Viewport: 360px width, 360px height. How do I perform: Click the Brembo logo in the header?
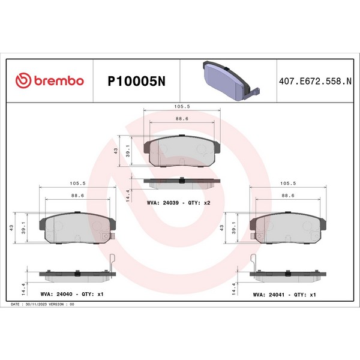[50, 80]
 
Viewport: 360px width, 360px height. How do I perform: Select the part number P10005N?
[137, 81]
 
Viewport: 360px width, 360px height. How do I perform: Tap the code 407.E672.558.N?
[315, 81]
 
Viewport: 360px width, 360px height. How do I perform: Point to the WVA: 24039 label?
[163, 203]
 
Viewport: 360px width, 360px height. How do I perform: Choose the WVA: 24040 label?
[56, 294]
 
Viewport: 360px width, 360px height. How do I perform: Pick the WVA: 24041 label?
[269, 295]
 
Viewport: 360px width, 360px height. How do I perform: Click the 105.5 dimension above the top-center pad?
[182, 107]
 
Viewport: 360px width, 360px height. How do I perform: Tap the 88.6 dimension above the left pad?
[77, 196]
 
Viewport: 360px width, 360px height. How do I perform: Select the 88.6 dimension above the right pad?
[288, 196]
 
